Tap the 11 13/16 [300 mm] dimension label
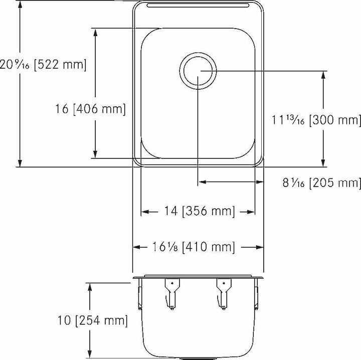(316, 120)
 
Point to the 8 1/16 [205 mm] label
(321, 183)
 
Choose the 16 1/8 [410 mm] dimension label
(193, 247)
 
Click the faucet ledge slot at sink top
(198, 7)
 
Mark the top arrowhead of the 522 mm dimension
(20, 4)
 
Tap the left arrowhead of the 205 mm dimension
(202, 183)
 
